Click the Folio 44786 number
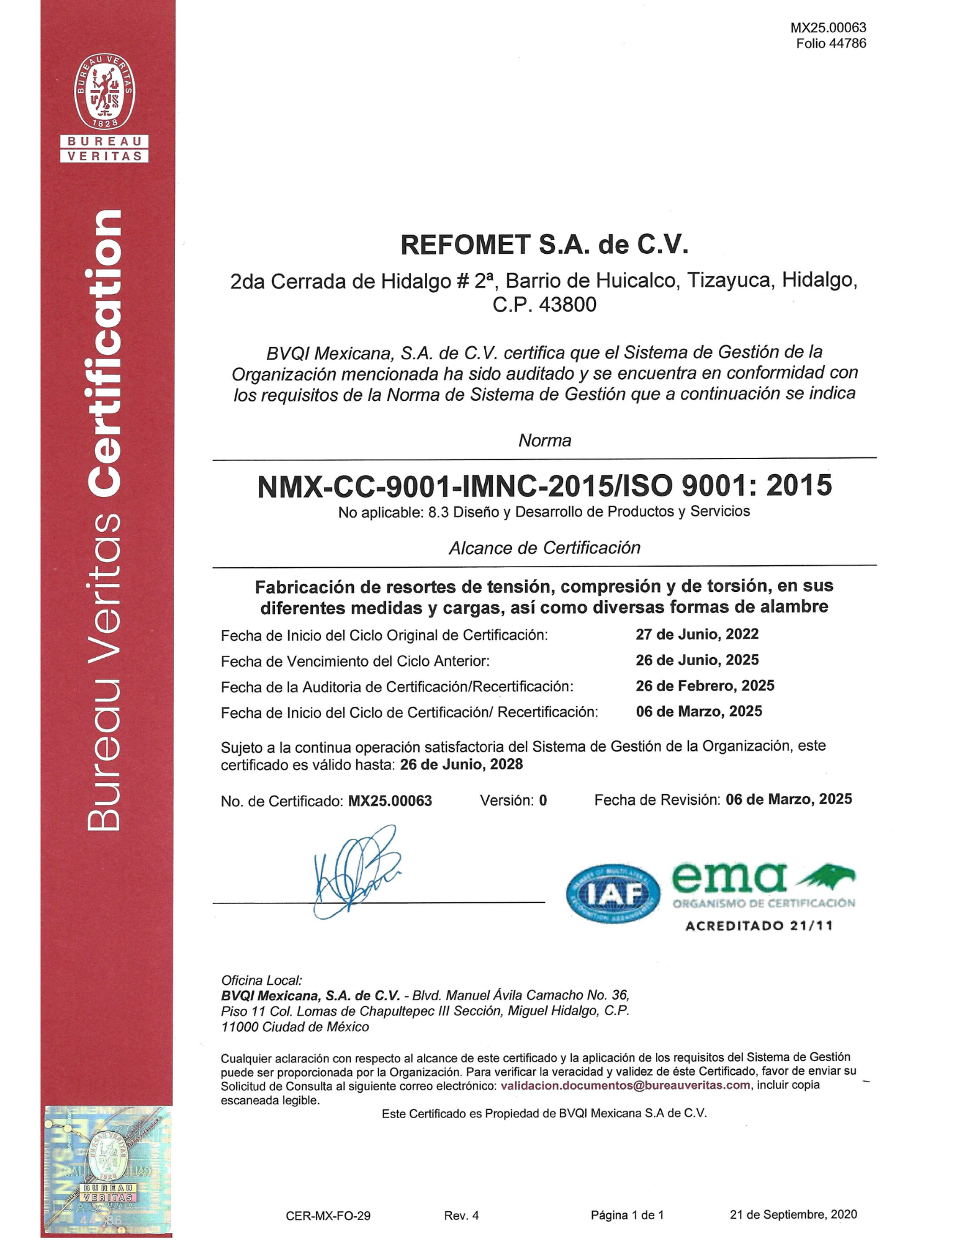coord(831,43)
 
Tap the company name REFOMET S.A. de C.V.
coord(544,244)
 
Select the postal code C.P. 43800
coord(544,305)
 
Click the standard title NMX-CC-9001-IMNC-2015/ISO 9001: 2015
coord(544,485)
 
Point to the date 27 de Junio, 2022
coord(697,634)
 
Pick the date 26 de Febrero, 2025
coord(705,686)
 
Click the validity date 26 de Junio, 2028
coord(461,764)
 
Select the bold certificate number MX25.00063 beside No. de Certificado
coord(390,801)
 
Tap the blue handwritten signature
coord(357,872)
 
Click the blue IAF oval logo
coord(613,893)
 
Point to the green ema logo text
coord(729,877)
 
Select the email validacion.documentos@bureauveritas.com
coord(625,1085)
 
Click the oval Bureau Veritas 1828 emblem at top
coord(104,91)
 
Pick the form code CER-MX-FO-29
coord(328,1216)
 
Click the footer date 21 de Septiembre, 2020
coord(793,1214)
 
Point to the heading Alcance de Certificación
coord(544,548)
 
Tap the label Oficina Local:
coord(261,980)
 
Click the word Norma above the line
coord(544,441)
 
